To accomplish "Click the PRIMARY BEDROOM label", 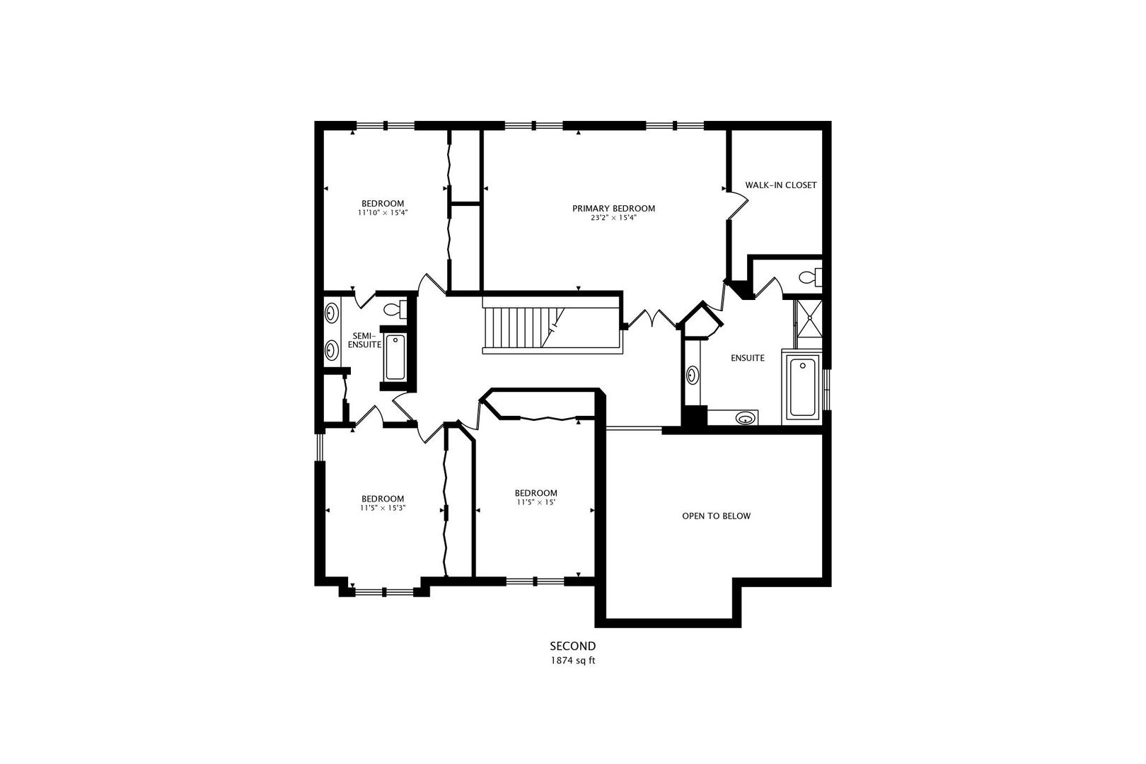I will pos(613,208).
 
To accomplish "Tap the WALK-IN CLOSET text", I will pos(780,185).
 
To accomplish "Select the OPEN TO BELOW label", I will pos(716,516).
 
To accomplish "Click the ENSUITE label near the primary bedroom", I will pos(747,358).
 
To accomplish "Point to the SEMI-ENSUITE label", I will pos(364,340).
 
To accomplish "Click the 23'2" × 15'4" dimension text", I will pos(613,218).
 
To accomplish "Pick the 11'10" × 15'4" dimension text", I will pos(383,212).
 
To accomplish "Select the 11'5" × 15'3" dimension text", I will pos(383,508).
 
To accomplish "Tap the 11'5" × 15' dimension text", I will pos(536,503).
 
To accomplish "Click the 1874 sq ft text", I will pos(573,661).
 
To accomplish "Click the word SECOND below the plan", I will pos(573,646).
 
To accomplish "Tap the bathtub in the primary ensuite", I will pos(803,387).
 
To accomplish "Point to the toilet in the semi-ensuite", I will pos(395,309).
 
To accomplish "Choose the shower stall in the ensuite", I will pos(806,323).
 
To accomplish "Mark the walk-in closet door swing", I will pos(739,206).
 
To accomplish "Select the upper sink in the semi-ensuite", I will pos(331,311).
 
